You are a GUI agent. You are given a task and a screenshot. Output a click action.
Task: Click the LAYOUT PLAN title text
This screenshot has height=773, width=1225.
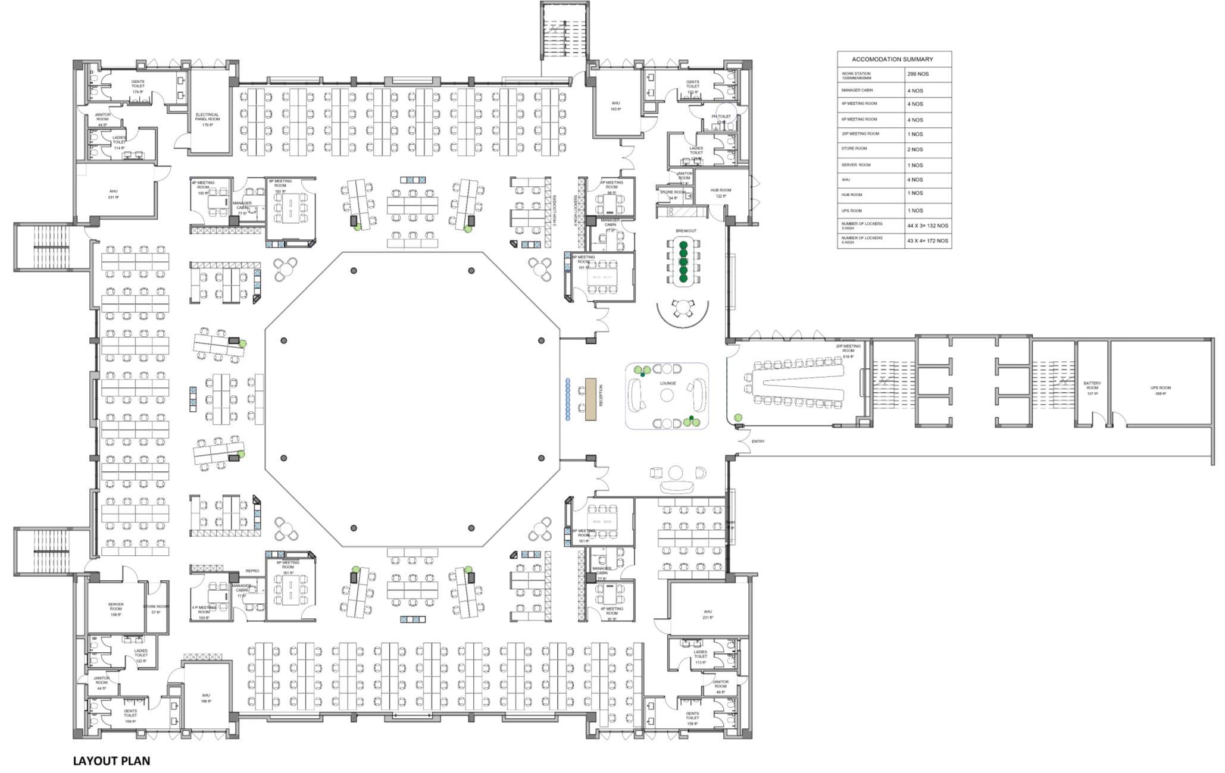pos(111,761)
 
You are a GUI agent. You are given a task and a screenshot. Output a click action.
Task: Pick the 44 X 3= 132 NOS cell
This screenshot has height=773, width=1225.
pos(927,226)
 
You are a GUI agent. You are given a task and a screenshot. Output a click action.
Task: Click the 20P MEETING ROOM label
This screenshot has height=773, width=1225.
pos(848,348)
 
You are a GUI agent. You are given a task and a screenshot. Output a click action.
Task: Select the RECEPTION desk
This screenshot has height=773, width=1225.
pos(590,399)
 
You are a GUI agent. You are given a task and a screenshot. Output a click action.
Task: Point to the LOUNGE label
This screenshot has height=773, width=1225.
pos(667,383)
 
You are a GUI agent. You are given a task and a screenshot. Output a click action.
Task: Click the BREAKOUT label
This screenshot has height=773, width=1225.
pos(685,231)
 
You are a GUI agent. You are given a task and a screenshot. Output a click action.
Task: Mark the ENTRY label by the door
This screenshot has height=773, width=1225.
pos(758,442)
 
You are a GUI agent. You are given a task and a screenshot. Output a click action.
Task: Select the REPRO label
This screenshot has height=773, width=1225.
pos(252,571)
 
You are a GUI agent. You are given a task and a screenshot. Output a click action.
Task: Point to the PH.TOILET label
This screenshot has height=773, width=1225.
pos(721,117)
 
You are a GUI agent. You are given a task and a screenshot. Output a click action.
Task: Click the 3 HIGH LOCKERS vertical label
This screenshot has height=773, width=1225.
pos(554,211)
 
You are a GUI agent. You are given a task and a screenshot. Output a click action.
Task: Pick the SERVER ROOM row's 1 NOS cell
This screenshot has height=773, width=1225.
pos(915,165)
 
